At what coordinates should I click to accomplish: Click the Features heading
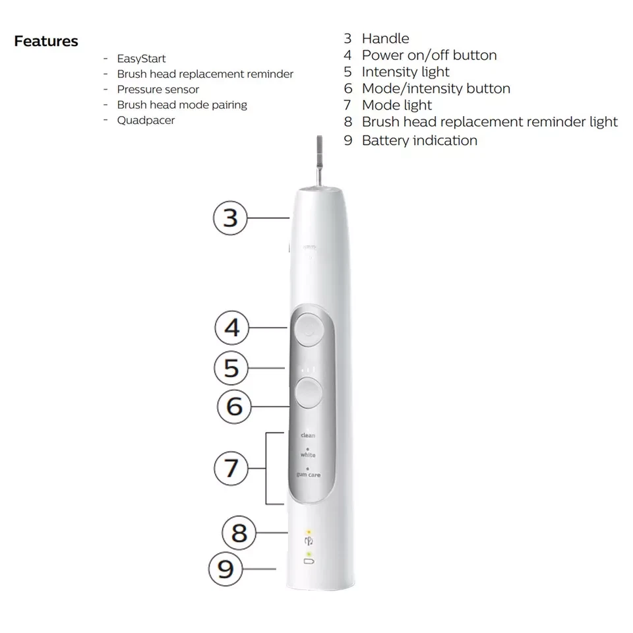[x=46, y=41]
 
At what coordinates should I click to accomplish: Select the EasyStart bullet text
[x=141, y=59]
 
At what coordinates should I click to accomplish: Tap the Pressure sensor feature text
[x=158, y=89]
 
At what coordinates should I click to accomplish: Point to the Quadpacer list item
[x=146, y=120]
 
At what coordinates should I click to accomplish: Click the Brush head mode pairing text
[x=182, y=105]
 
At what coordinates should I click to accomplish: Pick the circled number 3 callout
[x=230, y=218]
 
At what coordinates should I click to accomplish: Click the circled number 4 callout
[x=231, y=328]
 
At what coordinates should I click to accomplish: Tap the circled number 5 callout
[x=231, y=368]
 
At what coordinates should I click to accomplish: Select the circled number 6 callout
[x=234, y=406]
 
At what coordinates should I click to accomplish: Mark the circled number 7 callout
[x=231, y=468]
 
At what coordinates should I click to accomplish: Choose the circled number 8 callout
[x=239, y=533]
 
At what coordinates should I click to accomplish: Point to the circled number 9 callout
[x=226, y=569]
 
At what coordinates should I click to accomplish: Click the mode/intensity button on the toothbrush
[x=309, y=392]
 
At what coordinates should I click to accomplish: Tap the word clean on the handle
[x=308, y=435]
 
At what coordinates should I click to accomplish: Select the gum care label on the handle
[x=309, y=475]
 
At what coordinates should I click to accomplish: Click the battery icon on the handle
[x=309, y=561]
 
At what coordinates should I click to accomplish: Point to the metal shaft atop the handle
[x=319, y=161]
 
